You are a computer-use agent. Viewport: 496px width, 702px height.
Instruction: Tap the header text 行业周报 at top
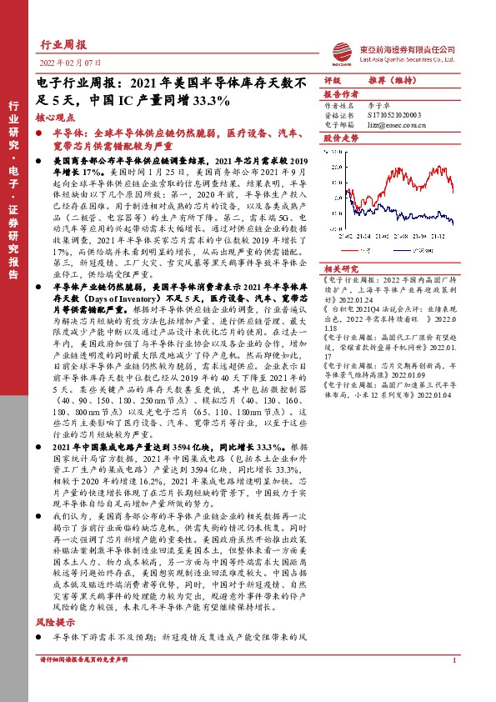(63, 45)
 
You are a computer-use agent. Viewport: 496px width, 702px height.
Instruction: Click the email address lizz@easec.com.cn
(393, 123)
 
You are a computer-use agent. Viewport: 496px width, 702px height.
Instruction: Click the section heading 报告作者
(340, 95)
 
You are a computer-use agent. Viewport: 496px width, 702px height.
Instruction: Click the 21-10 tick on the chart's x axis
(417, 236)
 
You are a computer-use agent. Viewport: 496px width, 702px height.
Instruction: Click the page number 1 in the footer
(453, 660)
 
